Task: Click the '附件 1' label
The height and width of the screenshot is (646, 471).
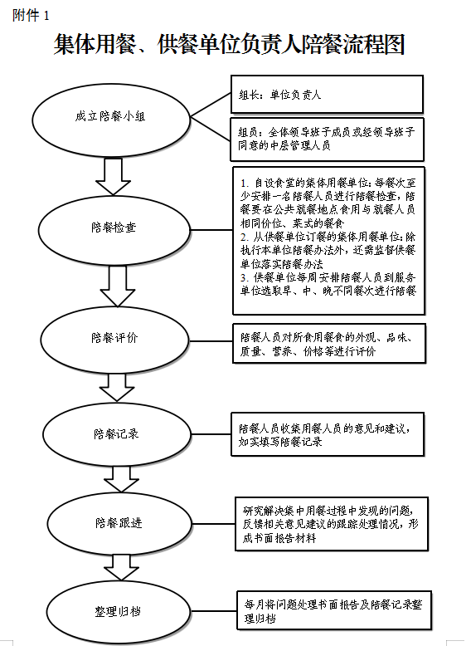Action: [x=31, y=16]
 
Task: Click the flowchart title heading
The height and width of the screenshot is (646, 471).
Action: [x=229, y=44]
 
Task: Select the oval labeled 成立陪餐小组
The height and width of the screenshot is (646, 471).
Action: [x=111, y=120]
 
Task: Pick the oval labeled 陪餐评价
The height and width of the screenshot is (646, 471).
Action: [x=114, y=340]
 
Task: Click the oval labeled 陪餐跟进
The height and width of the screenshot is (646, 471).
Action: [x=119, y=523]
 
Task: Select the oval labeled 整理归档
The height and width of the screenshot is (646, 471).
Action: [x=119, y=611]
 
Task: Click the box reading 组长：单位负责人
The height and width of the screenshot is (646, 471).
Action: [x=327, y=95]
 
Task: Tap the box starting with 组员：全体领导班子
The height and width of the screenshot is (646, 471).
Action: [x=327, y=139]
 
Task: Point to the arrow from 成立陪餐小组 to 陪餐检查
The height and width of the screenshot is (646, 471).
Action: [x=113, y=177]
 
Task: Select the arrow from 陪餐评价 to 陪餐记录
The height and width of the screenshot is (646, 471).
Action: [x=117, y=388]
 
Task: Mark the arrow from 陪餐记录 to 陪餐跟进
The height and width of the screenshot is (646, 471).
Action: [x=121, y=480]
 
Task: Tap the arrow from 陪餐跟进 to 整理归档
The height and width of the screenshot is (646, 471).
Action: [x=121, y=568]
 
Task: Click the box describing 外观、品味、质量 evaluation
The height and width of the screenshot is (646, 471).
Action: [x=329, y=344]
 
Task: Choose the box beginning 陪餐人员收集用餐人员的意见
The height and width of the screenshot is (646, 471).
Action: [x=328, y=434]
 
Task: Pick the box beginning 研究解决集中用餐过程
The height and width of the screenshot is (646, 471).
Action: [x=332, y=524]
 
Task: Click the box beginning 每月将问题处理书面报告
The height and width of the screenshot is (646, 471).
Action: [x=334, y=611]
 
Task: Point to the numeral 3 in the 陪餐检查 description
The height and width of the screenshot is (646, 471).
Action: [x=244, y=277]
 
